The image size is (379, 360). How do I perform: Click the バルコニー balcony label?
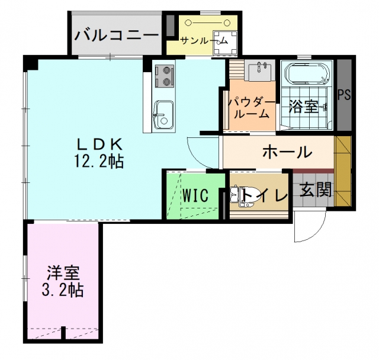pyautogui.click(x=116, y=36)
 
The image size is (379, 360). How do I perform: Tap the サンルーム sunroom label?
pyautogui.click(x=204, y=41)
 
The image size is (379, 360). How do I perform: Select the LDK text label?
pyautogui.click(x=99, y=145)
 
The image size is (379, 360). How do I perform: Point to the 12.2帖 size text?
pyautogui.click(x=99, y=161)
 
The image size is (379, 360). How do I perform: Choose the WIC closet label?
pyautogui.click(x=195, y=195)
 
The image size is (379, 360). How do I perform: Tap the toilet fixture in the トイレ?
pyautogui.click(x=242, y=196)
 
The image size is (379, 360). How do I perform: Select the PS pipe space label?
pyautogui.click(x=344, y=95)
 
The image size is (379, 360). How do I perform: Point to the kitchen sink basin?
pyautogui.click(x=164, y=114)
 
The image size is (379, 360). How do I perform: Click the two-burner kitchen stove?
pyautogui.click(x=165, y=76)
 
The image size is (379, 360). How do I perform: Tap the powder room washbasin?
pyautogui.click(x=259, y=70)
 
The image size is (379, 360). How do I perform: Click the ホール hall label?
pyautogui.click(x=287, y=152)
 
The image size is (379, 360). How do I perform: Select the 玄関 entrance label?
pyautogui.click(x=316, y=189)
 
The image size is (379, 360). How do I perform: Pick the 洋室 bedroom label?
pyautogui.click(x=63, y=273)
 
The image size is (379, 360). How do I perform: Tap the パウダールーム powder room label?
pyautogui.click(x=252, y=108)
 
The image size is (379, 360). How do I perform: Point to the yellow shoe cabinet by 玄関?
pyautogui.click(x=343, y=171)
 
